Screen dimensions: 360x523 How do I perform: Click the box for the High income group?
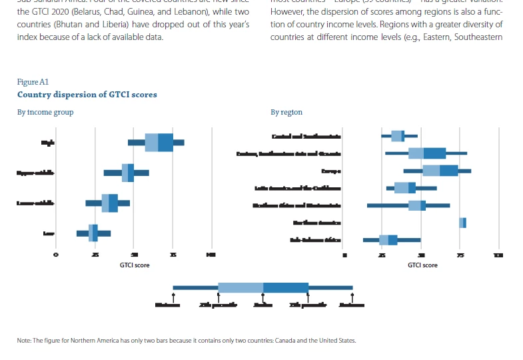159,142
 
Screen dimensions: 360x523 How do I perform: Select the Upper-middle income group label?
35,173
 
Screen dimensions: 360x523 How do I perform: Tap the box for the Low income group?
93,233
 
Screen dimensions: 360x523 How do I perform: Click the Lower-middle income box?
110,203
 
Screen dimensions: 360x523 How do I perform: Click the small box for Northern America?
462,223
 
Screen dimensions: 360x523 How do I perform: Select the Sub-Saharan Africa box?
388,240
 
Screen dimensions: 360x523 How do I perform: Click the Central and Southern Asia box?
398,136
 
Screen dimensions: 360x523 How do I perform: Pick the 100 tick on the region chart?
498,255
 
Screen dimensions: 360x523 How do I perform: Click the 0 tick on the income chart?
56,255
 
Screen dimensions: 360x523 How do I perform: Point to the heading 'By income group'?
45,112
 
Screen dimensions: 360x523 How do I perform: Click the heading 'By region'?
286,112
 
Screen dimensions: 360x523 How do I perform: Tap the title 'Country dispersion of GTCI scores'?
87,95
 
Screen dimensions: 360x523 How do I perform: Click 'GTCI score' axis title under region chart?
422,265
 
